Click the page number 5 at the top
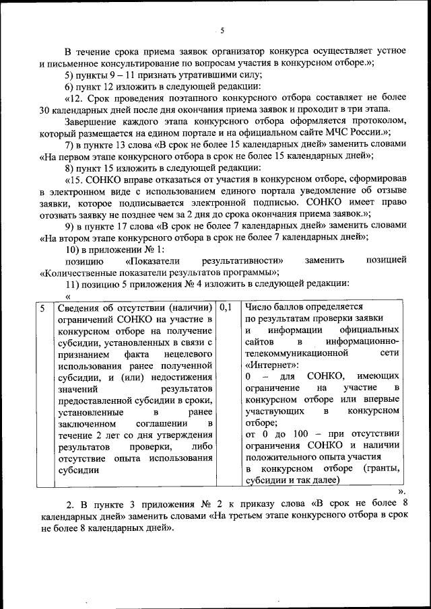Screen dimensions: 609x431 pyautogui.click(x=222, y=30)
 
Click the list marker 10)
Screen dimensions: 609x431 pyautogui.click(x=73, y=249)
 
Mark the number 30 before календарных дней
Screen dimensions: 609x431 pyautogui.click(x=46, y=110)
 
